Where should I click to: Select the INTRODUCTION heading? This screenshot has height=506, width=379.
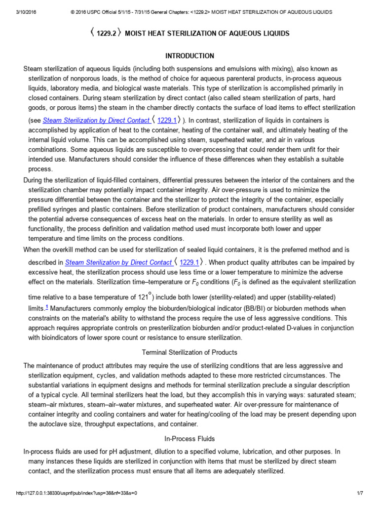pos(189,56)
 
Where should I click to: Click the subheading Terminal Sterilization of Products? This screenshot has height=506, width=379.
pos(189,352)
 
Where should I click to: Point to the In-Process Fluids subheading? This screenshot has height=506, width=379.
pos(189,438)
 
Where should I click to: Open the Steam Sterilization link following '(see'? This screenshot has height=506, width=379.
pos(96,120)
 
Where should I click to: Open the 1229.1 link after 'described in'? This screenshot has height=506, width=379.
pos(189,262)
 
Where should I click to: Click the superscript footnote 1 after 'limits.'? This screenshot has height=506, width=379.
pos(46,306)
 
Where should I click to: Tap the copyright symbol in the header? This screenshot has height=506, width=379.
pos(67,12)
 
